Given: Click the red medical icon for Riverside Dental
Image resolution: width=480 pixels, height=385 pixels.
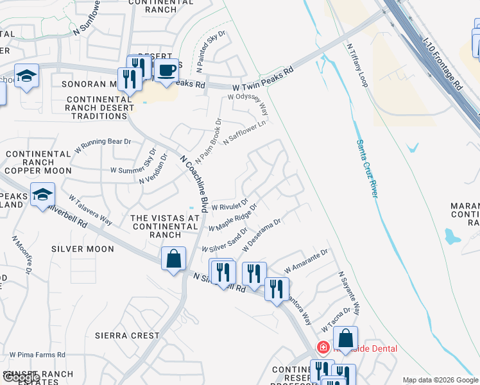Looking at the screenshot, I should coord(323,348).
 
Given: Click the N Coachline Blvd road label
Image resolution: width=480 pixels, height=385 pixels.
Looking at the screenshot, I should coord(194,183).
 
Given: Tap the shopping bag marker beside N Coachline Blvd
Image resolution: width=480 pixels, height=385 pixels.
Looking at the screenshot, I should coord(173,259).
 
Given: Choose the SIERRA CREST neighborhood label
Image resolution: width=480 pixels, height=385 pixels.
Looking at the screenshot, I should coord(127,335).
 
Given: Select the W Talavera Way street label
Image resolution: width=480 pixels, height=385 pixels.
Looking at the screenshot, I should coord(90,210).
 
